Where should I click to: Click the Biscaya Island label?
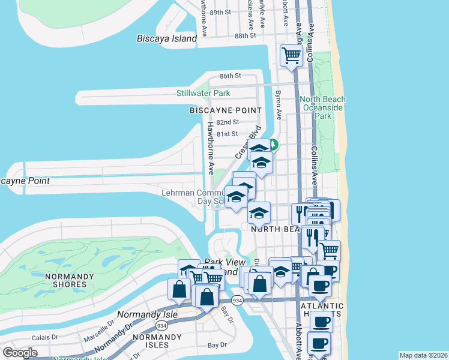(x=167, y=39)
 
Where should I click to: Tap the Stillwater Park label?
(x=203, y=94)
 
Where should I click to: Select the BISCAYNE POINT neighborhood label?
(x=226, y=110)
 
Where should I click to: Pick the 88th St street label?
(x=246, y=36)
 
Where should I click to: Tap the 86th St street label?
(x=230, y=76)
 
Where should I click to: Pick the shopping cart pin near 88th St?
(x=291, y=56)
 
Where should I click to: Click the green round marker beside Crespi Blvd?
(x=273, y=145)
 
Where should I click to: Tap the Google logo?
(x=20, y=353)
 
